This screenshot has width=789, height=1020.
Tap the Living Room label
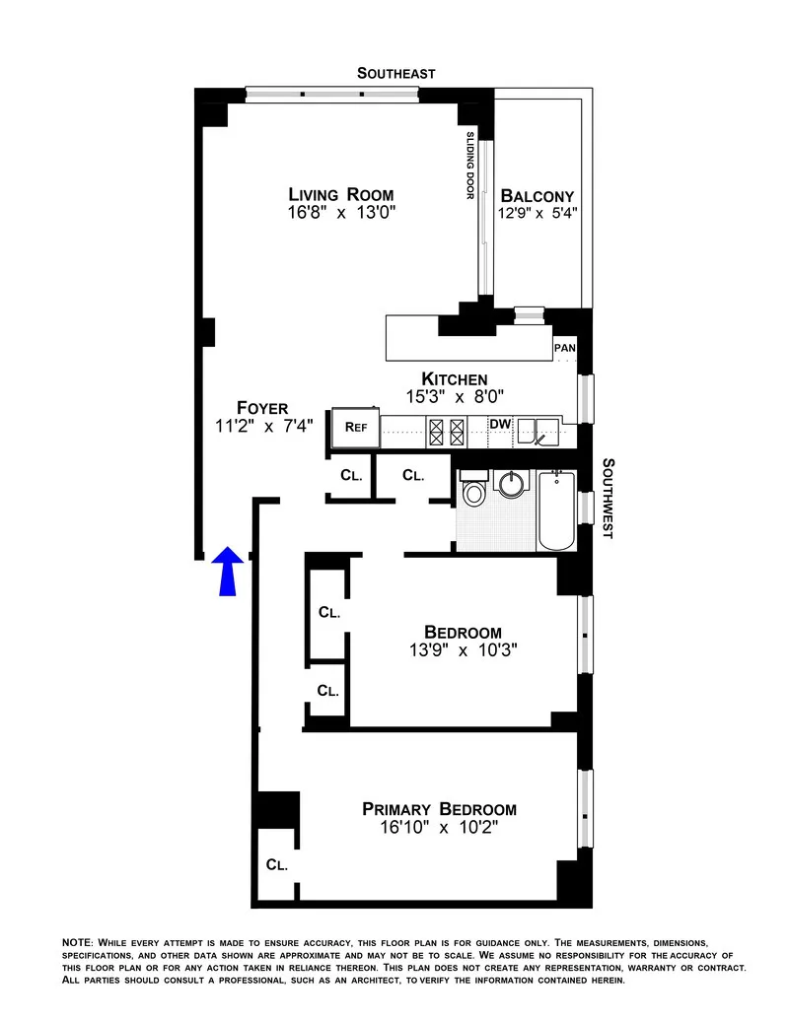pos(340,194)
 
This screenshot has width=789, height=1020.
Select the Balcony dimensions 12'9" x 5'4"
pos(537,212)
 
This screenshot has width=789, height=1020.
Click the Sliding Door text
pos(470,166)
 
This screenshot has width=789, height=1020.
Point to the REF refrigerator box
pos(355,428)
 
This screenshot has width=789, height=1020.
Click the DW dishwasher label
pos(501,425)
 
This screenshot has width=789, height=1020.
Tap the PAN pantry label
pos(565,348)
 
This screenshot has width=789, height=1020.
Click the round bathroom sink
pos(512,485)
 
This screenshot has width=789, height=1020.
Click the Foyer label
pos(262,408)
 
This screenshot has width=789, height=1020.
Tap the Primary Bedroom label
pos(439,809)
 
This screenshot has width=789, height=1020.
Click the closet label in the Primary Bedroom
pos(276,865)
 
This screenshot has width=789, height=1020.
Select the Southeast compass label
pos(395,73)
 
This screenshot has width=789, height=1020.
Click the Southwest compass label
pos(609,498)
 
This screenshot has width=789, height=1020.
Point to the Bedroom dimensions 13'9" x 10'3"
pos(463,649)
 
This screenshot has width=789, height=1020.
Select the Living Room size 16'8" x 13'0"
pos(340,212)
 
